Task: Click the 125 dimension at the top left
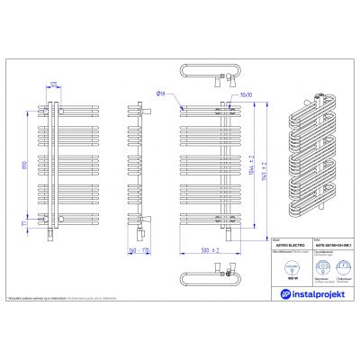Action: click(53, 84)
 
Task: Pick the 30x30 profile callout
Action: click(247, 93)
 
